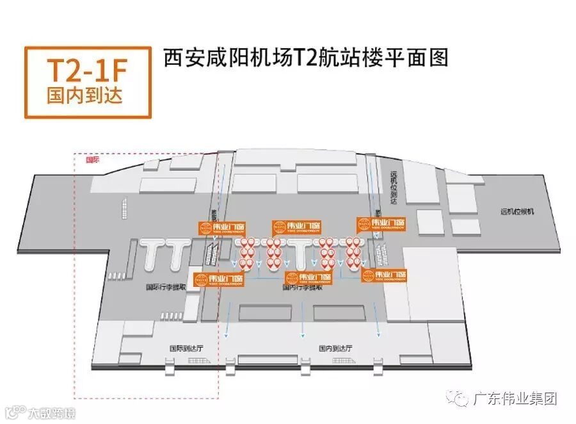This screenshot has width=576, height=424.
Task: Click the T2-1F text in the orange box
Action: click(x=88, y=70)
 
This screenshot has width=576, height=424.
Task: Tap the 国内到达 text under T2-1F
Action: click(x=88, y=97)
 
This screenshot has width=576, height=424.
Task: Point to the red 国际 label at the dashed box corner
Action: click(x=93, y=160)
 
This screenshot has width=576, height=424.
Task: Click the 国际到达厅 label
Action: click(x=186, y=348)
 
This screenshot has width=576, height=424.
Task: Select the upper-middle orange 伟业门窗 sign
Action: click(x=296, y=227)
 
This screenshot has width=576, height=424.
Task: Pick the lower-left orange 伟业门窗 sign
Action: click(x=218, y=279)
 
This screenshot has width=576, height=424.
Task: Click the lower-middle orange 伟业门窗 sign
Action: click(x=309, y=278)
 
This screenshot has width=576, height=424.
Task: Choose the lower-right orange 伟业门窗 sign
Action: click(x=385, y=276)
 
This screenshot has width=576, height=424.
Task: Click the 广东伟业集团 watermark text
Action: click(x=515, y=398)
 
